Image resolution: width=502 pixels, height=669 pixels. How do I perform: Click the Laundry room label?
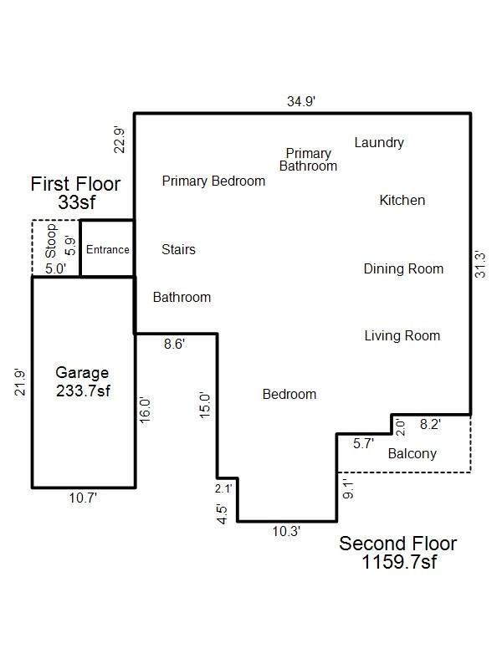378,142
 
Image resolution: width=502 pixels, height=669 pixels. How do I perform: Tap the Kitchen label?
402,200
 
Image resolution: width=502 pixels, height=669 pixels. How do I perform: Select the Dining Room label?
402,268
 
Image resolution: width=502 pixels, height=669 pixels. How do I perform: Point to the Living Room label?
402,335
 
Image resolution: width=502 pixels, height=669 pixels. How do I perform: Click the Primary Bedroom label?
213,181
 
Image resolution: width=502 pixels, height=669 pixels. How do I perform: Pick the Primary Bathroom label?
308,160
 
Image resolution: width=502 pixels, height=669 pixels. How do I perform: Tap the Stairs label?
178,249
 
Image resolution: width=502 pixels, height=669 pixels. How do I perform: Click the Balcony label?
412,453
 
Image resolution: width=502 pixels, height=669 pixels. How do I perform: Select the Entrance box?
107,249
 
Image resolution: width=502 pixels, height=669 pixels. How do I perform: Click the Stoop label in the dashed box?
50,240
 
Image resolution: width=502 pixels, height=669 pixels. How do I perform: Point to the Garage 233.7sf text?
82,381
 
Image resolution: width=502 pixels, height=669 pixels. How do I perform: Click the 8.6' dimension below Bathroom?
174,344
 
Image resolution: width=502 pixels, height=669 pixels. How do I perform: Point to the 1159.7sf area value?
398,563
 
